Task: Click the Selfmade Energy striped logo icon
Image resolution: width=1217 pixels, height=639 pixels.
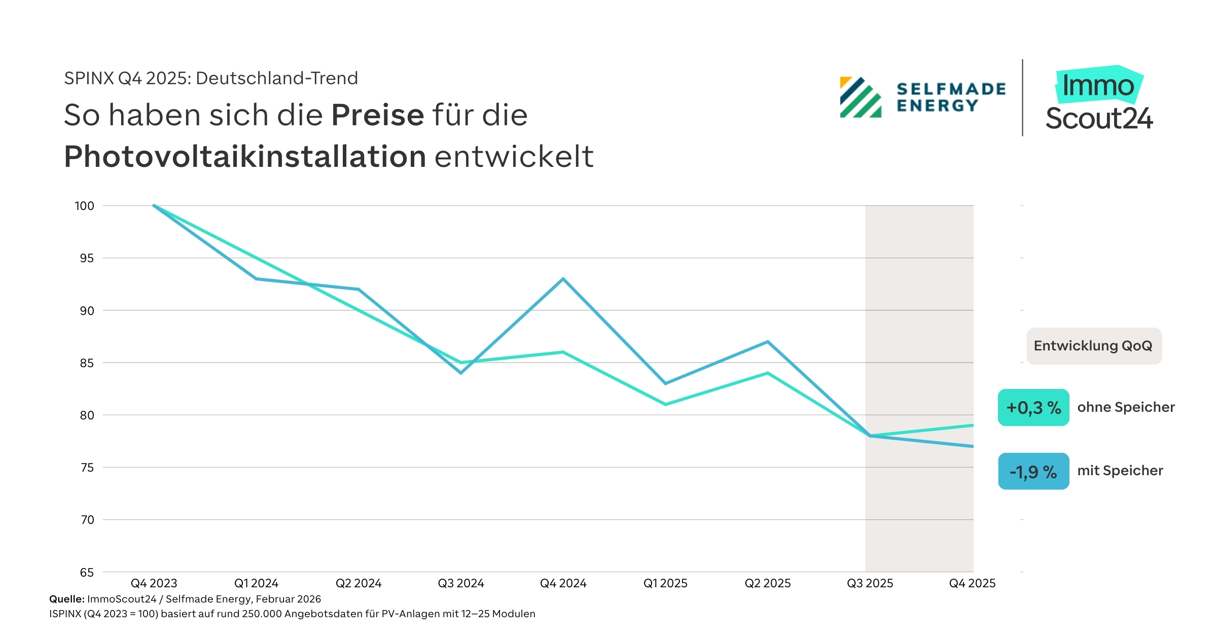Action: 861,97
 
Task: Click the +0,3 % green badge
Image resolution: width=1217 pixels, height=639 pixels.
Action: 1033,408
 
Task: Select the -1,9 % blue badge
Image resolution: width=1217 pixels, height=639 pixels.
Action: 1033,472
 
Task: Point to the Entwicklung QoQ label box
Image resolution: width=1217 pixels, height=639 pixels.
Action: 1094,346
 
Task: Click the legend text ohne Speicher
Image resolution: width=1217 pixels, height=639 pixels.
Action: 1126,407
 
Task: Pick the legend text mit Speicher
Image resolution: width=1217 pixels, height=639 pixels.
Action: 1120,471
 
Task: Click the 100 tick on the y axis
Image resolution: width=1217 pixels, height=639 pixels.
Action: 84,206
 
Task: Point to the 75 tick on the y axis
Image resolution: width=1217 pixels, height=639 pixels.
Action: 87,468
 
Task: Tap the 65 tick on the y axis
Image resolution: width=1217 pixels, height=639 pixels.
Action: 87,573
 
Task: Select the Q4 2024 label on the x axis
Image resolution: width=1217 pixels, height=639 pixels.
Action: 563,583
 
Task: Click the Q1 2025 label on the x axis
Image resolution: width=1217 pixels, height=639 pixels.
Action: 665,583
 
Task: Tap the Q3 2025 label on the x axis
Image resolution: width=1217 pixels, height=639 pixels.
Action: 870,583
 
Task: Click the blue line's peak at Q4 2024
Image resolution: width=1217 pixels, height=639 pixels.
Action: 563,279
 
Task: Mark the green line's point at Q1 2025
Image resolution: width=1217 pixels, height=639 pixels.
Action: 665,404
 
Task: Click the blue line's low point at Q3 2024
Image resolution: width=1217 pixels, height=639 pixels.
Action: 461,373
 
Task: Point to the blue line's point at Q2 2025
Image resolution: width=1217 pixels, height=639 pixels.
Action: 768,342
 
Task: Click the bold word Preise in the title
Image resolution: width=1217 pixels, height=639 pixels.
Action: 377,115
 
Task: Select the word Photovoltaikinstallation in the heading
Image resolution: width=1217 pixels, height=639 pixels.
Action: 245,156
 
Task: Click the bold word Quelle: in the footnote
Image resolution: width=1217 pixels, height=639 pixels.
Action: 66,599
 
